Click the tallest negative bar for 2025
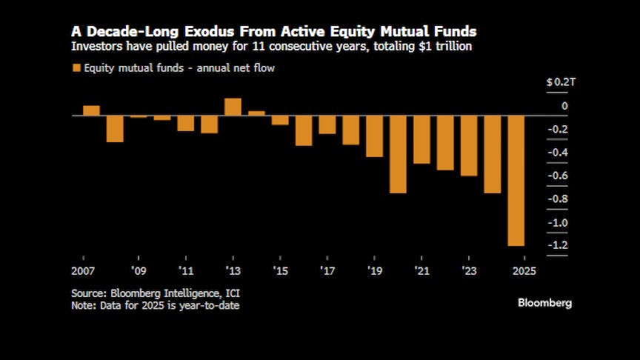pos(516,180)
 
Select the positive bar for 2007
pos(91,110)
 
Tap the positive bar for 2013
pos(233,107)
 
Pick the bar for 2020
pos(398,154)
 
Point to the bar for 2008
pos(115,128)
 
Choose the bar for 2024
pos(493,154)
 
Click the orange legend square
pos(76,68)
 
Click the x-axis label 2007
pos(83,270)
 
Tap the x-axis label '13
pos(233,270)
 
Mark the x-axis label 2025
pos(524,270)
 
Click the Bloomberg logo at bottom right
pos(544,303)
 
